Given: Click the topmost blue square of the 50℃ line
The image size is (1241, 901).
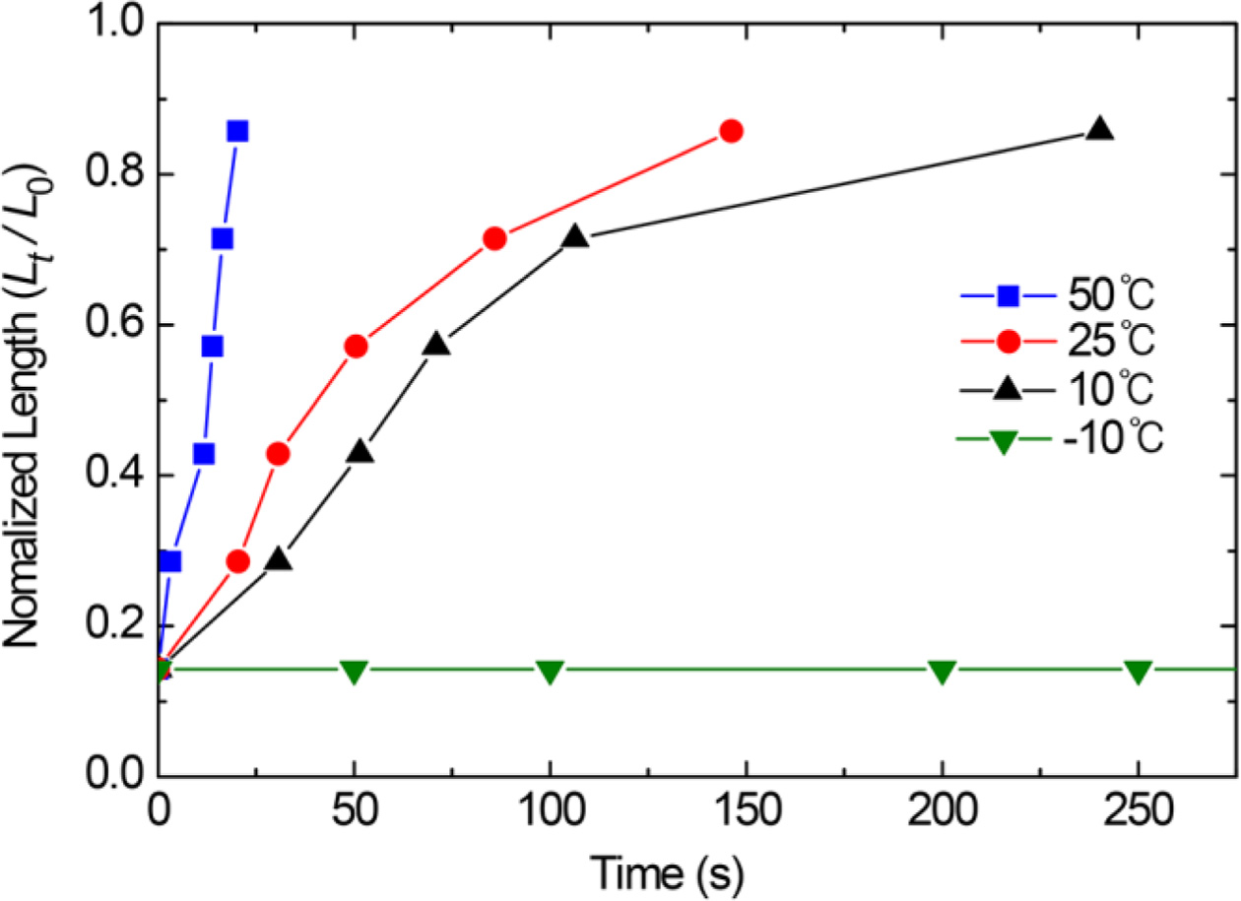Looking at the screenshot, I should pos(236,131).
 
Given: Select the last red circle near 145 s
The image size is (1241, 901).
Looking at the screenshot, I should pos(731,131).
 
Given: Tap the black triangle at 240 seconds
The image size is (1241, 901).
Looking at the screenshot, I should pos(1100,129).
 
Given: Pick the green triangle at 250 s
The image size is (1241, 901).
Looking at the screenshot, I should pos(1139,672).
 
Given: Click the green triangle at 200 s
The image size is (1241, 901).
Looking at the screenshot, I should pos(943,672).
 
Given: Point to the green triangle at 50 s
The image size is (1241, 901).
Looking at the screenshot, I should pos(354,672).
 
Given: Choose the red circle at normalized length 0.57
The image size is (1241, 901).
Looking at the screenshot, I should pos(356,347).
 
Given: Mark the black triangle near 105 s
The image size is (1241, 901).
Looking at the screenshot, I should pos(576,237).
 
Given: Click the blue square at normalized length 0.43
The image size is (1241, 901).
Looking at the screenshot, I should pos(204,454).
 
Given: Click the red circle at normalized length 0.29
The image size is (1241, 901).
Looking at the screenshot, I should pos(238,561).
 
